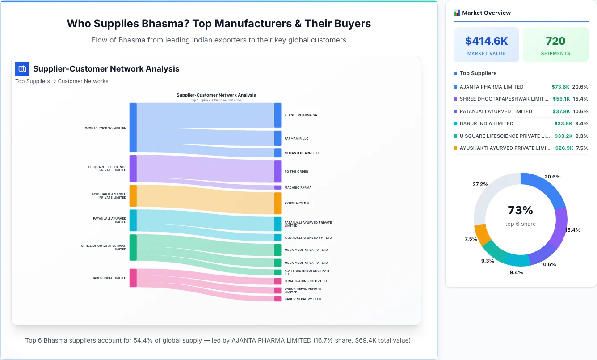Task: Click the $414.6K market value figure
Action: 486,41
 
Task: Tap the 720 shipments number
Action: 555,41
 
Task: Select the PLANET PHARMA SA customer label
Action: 301,115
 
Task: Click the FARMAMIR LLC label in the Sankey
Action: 296,139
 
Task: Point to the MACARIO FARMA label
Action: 298,188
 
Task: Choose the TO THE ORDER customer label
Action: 296,172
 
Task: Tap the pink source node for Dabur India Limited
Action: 133,278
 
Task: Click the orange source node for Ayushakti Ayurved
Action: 133,196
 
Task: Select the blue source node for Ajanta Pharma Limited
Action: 133,127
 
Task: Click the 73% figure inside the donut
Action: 520,210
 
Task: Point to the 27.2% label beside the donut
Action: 480,184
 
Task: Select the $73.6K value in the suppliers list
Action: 560,87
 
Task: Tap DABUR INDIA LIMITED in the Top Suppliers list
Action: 486,123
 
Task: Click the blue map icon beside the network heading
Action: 22,69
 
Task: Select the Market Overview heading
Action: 486,13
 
